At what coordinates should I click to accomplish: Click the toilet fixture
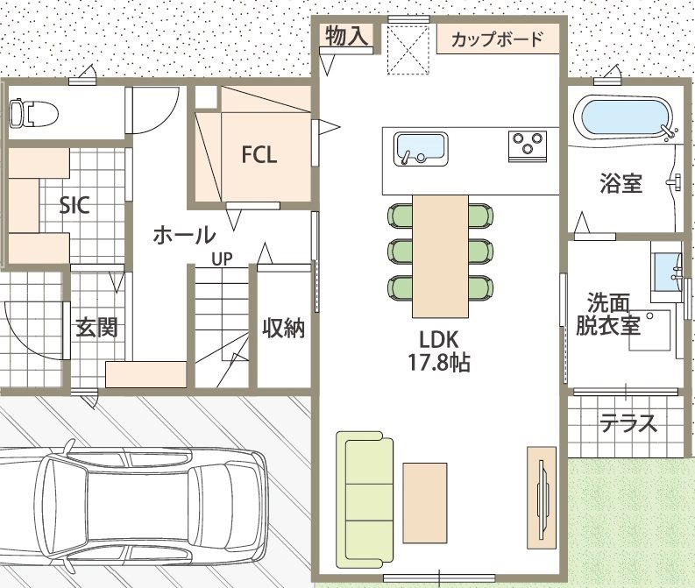click(x=33, y=114)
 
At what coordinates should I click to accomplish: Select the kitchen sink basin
click(x=421, y=149)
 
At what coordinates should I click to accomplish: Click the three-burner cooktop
click(x=528, y=146)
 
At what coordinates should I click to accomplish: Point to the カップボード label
click(x=497, y=39)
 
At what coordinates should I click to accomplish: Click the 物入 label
click(x=346, y=35)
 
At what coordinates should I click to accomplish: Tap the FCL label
click(x=259, y=154)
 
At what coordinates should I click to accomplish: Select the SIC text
click(x=74, y=205)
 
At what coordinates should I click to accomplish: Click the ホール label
click(x=184, y=235)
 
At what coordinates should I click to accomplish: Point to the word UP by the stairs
click(x=222, y=259)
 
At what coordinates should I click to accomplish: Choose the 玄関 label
click(x=97, y=328)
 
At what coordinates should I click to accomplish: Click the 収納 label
click(x=284, y=329)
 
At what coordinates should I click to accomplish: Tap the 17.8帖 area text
click(x=439, y=364)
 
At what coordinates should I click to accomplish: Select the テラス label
click(x=628, y=422)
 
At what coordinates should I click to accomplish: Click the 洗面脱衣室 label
click(x=608, y=315)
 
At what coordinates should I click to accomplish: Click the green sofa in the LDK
click(x=365, y=499)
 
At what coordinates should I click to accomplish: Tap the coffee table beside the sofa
click(x=424, y=503)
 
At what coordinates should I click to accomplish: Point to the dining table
click(x=440, y=256)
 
